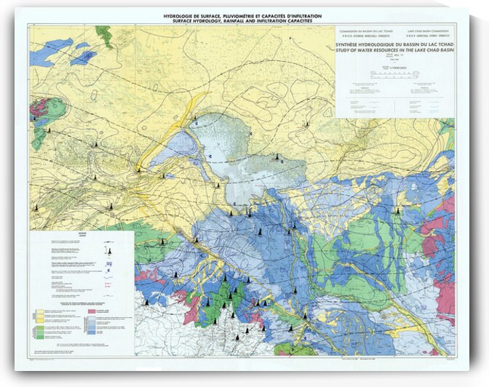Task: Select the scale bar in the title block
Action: click(394, 73)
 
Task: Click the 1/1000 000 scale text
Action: click(394, 67)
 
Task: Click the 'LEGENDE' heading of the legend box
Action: click(82, 236)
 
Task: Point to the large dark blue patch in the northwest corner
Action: click(51, 51)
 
